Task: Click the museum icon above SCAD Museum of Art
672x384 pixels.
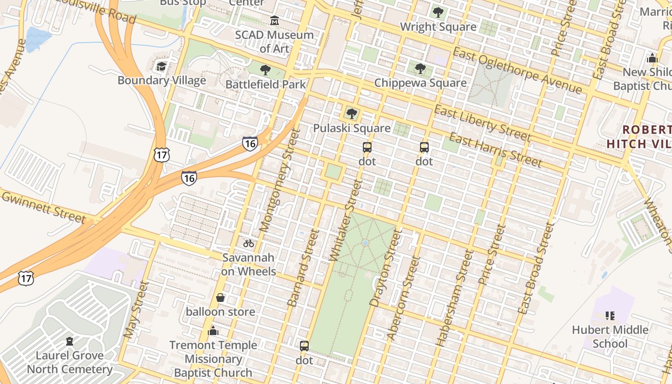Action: click(x=275, y=21)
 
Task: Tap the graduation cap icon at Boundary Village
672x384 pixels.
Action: click(x=162, y=66)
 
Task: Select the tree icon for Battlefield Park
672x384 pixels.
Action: click(x=265, y=71)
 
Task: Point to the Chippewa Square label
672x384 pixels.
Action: click(x=420, y=83)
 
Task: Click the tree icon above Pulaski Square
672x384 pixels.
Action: click(x=352, y=114)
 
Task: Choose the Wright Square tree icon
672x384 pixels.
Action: click(x=438, y=12)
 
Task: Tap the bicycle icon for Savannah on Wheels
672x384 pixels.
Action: click(x=249, y=243)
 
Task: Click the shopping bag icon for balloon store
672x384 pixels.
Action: click(x=220, y=298)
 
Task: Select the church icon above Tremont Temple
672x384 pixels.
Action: click(x=213, y=331)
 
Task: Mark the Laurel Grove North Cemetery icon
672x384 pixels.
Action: click(x=70, y=341)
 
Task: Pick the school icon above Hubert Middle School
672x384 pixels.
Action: click(x=610, y=316)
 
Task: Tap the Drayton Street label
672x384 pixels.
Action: click(x=385, y=267)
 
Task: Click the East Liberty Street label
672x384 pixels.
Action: click(x=482, y=124)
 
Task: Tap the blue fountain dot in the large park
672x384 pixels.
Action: click(x=365, y=243)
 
